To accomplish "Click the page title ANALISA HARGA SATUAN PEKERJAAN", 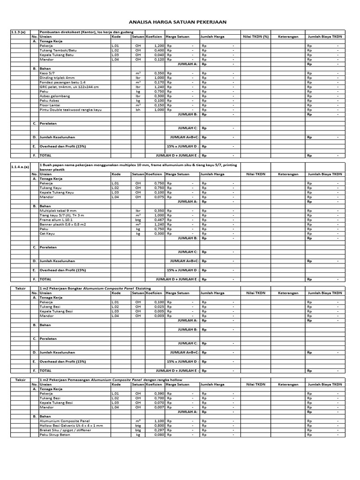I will pos(180,22).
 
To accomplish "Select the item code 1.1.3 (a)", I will pos(18,32).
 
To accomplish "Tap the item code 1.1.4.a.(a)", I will pos(20,166).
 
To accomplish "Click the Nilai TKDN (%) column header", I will pos(255,37).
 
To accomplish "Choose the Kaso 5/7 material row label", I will pos(47,73).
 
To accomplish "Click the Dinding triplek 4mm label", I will pos(57,78).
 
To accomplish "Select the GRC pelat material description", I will pos(69,87).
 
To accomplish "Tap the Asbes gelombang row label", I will pos(54,96).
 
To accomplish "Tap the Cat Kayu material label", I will pos(47,233).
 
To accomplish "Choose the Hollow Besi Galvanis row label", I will pos(71,426).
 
